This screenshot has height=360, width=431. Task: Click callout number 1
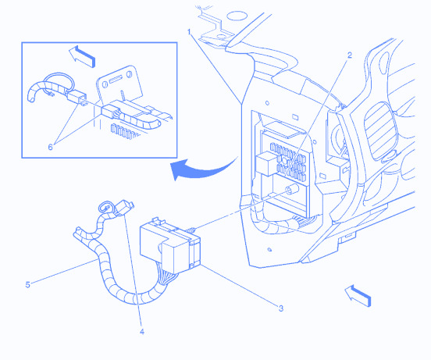(x=189, y=32)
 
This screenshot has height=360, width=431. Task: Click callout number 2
(x=349, y=55)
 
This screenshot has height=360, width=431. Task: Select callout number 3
(x=280, y=308)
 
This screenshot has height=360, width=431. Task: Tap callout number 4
(x=142, y=332)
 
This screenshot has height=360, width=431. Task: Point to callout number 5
(x=27, y=285)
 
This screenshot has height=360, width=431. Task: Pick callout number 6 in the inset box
(x=50, y=148)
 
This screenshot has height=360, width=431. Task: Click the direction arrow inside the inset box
(x=82, y=56)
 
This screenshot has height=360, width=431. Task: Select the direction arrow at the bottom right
(x=358, y=296)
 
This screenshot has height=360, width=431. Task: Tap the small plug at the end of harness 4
(x=125, y=208)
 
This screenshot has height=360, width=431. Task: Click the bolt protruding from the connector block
(x=191, y=230)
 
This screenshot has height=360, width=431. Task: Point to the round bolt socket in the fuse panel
(x=292, y=189)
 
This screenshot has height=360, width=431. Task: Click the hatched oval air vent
(x=381, y=131)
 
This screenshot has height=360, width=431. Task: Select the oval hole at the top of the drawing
(x=237, y=16)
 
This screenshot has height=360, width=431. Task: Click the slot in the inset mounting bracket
(x=116, y=80)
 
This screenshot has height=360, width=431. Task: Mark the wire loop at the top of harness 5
(x=105, y=207)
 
